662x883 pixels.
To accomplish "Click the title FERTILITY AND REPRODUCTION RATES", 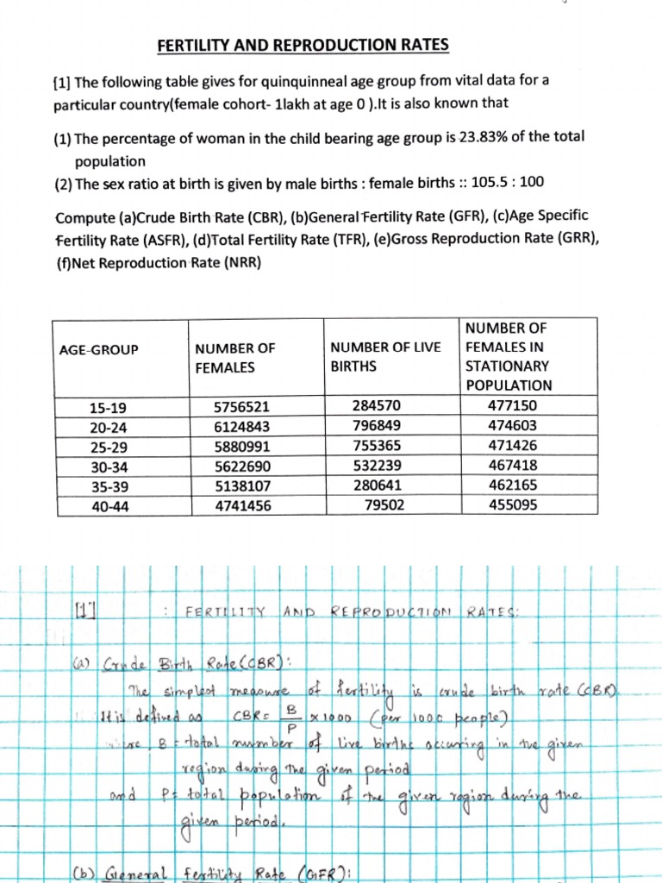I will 303,45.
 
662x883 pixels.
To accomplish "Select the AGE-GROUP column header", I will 98,349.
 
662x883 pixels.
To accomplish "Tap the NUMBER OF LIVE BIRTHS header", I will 385,356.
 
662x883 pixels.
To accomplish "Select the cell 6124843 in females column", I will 247,426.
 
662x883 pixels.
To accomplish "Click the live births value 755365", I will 376,447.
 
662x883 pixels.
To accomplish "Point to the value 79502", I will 384,506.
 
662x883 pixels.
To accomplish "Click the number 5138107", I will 247,486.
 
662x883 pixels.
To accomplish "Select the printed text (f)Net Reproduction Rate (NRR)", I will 159,262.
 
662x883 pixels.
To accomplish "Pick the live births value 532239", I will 376,467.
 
